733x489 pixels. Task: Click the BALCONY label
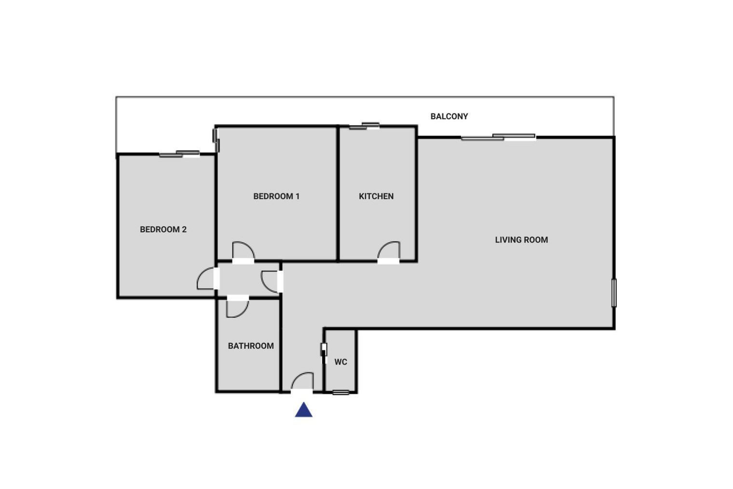coord(449,116)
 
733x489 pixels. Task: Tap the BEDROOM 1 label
coord(276,196)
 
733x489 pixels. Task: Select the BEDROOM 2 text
coord(163,229)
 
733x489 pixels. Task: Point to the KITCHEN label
coord(376,196)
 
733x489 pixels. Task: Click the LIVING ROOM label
coord(521,240)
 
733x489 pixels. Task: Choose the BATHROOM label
coord(251,346)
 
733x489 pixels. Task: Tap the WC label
coord(340,362)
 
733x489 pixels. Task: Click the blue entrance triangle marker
coord(304,410)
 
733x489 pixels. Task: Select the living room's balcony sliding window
coord(498,137)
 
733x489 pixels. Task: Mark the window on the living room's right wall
coord(614,293)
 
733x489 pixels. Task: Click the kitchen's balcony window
coord(365,126)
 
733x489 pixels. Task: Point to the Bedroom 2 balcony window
coord(179,154)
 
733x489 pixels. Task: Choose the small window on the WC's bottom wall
coord(340,392)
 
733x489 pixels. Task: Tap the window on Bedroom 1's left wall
coord(216,140)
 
